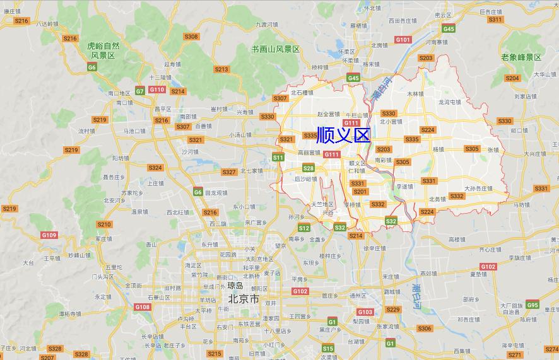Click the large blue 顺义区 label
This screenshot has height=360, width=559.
pyautogui.click(x=343, y=135)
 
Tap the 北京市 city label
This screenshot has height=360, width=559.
pyautogui.click(x=244, y=299)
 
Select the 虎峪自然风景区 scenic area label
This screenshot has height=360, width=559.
pyautogui.click(x=103, y=50)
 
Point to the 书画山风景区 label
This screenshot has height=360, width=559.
pyautogui.click(x=275, y=49)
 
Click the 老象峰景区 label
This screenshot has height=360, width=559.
pyautogui.click(x=521, y=57)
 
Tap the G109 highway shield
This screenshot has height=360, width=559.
pyautogui.click(x=49, y=235)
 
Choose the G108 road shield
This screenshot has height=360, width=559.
pyautogui.click(x=143, y=307)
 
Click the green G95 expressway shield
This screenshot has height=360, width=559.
pyautogui.click(x=533, y=305)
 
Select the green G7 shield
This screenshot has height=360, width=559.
pyautogui.click(x=139, y=91)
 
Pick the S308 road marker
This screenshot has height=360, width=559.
pyautogui.click(x=191, y=37)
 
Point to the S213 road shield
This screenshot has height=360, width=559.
pyautogui.click(x=221, y=69)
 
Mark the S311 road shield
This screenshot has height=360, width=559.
pyautogui.click(x=495, y=20)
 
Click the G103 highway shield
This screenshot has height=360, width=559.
pyautogui.click(x=365, y=312)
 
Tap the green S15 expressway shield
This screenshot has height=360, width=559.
pyautogui.click(x=327, y=348)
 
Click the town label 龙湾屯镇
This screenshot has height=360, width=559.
pyautogui.click(x=450, y=102)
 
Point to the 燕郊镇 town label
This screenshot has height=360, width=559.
pyautogui.click(x=428, y=274)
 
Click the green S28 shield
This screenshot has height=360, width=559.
pyautogui.click(x=308, y=168)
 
